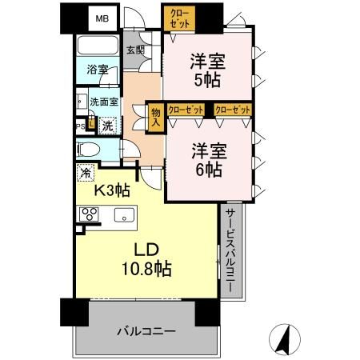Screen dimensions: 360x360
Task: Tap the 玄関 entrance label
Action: click(x=135, y=50)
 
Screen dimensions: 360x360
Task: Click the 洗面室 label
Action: click(x=103, y=102)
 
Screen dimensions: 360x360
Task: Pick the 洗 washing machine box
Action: click(x=106, y=125)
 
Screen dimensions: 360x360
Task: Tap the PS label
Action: click(x=80, y=126)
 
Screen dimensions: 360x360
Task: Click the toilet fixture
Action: click(x=89, y=149)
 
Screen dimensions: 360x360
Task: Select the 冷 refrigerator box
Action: click(x=85, y=170)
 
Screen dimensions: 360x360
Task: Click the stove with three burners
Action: click(x=87, y=214)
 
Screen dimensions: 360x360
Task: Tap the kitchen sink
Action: click(x=125, y=214)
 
